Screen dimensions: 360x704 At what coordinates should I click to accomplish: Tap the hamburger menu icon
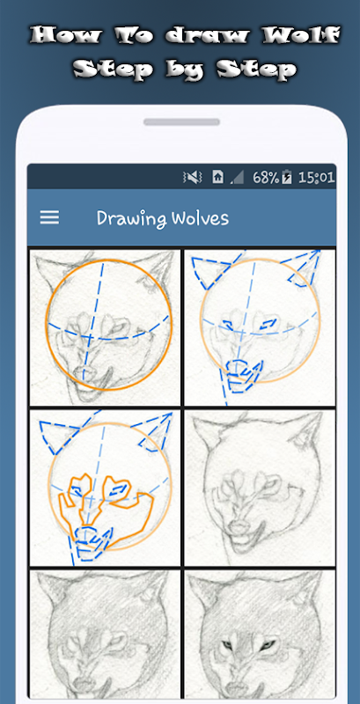click(49, 217)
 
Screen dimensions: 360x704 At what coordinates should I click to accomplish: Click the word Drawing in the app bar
click(127, 218)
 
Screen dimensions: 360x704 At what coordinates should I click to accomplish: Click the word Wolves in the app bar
click(195, 217)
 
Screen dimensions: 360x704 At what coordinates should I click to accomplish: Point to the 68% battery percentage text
click(266, 178)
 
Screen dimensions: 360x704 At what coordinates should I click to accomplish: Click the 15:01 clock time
click(317, 178)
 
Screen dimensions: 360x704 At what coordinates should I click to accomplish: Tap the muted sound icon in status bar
click(193, 178)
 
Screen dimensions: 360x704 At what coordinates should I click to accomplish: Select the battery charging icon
click(286, 178)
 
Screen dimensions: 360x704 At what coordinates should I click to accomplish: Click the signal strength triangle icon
click(237, 178)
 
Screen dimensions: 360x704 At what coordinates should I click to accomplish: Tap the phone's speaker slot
click(182, 122)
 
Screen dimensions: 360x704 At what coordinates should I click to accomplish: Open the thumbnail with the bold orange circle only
click(105, 327)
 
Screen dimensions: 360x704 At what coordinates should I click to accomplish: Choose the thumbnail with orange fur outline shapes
click(105, 488)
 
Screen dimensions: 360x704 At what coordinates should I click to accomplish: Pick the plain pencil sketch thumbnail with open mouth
click(260, 488)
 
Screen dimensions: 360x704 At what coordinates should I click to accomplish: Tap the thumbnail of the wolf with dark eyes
click(260, 634)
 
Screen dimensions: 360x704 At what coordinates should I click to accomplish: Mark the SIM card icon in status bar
click(217, 178)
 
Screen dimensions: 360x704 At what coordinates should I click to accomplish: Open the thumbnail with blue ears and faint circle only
click(260, 327)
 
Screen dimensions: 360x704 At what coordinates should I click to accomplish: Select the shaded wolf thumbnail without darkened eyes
click(105, 634)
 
